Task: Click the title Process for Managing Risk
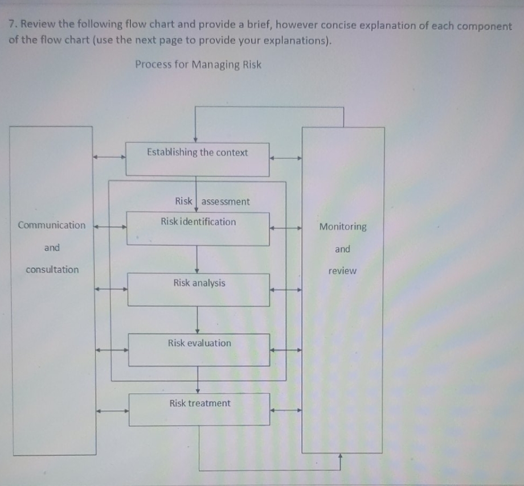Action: [x=198, y=64]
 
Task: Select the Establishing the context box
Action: [x=197, y=159]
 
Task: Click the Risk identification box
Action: [x=198, y=229]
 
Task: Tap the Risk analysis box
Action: [x=198, y=289]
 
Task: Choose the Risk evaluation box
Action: [x=199, y=349]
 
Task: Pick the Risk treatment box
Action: [x=199, y=409]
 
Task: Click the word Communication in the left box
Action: [x=52, y=225]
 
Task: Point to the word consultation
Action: [x=52, y=270]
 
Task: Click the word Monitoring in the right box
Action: [x=343, y=227]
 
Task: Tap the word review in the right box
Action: [x=342, y=271]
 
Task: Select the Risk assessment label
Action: [x=212, y=201]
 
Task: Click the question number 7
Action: [x=12, y=25]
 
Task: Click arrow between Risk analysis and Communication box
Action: [x=111, y=289]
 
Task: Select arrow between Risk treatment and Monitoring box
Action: [x=285, y=409]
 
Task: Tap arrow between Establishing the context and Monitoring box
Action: [x=285, y=159]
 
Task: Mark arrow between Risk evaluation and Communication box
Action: [x=112, y=350]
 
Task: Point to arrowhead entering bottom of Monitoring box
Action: [x=341, y=456]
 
